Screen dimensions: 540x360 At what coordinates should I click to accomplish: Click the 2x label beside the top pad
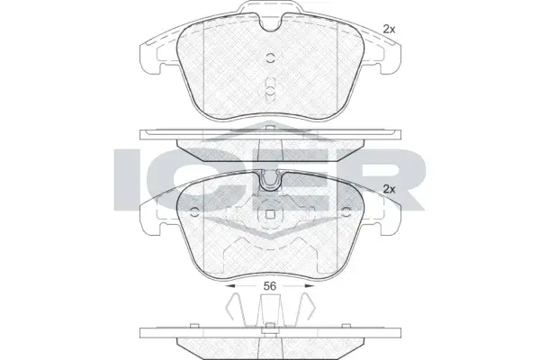click(389, 30)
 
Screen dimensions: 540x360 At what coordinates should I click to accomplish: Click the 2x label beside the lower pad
click(389, 189)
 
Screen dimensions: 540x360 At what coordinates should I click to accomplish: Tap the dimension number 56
click(270, 286)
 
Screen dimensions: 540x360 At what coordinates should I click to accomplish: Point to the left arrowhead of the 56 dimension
click(229, 286)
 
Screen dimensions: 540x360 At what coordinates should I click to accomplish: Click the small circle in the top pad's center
click(270, 58)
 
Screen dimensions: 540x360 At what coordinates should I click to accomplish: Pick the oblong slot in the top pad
click(270, 90)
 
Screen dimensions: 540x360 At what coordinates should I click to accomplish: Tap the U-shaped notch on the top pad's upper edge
click(270, 23)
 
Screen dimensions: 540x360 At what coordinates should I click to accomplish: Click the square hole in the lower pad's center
click(270, 214)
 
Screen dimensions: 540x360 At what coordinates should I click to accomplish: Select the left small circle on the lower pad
click(195, 212)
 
